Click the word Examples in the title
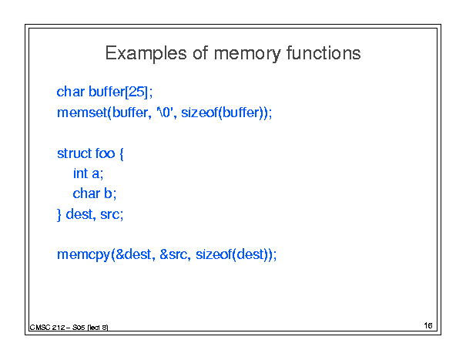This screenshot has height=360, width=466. tap(146, 54)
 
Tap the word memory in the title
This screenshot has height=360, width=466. tap(247, 55)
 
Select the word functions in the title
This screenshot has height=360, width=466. tap(324, 53)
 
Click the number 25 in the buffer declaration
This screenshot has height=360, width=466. tap(136, 91)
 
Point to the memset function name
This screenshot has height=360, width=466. tap(82, 113)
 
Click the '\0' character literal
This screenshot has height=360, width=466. tap(165, 113)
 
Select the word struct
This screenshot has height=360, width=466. tap(74, 153)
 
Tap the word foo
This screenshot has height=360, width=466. tap(105, 153)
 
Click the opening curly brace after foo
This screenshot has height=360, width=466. tap(121, 154)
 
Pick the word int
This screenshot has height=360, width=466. tap(80, 173)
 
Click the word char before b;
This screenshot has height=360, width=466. tap(86, 193)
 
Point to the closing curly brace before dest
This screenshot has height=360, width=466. tap(59, 215)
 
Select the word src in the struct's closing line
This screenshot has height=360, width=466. tap(110, 214)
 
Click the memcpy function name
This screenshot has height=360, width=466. tap(83, 255)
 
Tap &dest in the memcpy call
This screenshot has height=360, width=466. tap(133, 254)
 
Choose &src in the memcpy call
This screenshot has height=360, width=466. tap(173, 254)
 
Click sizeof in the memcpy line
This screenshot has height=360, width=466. tap(213, 254)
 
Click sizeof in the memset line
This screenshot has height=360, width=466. tap(199, 113)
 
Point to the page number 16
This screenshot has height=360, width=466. tap(428, 326)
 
